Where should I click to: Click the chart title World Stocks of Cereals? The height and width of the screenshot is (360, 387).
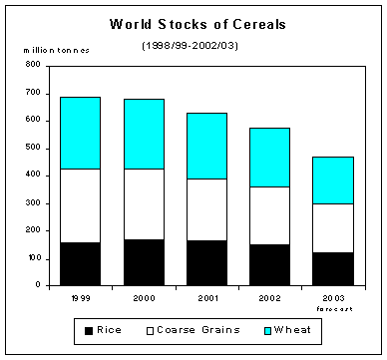tap(194, 24)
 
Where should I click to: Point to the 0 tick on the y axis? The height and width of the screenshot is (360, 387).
tap(38, 285)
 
